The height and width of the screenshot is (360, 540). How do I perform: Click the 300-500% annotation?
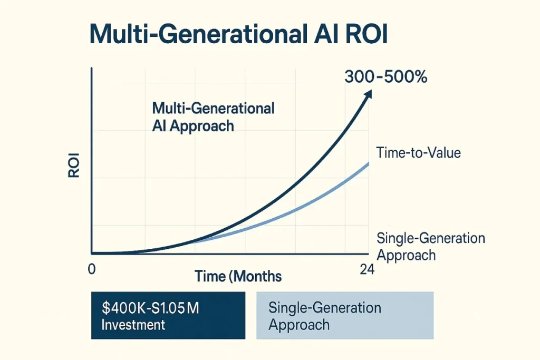[x=385, y=76]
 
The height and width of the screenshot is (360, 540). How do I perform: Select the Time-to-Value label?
[x=419, y=153]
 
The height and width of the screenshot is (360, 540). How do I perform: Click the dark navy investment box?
[x=168, y=315]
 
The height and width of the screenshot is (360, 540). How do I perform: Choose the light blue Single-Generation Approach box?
[x=344, y=315]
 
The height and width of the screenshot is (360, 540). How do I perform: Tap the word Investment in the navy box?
[x=133, y=324]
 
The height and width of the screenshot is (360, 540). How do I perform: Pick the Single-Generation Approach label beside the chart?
[x=431, y=246]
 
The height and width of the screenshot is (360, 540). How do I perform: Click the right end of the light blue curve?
[x=368, y=164]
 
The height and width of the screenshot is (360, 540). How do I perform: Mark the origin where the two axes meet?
[x=92, y=252]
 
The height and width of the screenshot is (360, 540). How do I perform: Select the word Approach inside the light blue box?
[x=299, y=324]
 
